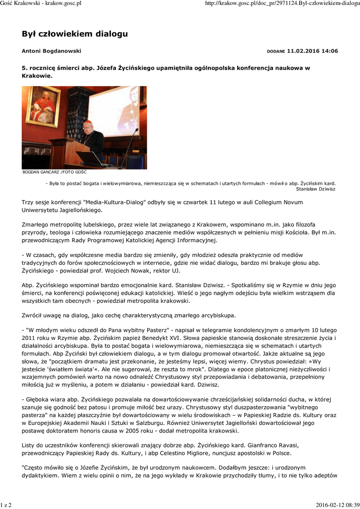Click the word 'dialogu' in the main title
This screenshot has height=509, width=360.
click(111, 34)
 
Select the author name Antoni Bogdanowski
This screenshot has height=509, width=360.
click(51, 51)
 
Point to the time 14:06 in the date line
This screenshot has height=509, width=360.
click(328, 51)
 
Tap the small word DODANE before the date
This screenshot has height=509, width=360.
click(276, 52)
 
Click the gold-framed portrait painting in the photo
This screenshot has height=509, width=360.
click(43, 106)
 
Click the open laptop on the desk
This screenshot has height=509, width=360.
click(93, 159)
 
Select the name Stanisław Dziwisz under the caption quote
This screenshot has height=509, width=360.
click(316, 189)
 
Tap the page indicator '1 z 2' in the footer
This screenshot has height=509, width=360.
click(6, 505)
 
